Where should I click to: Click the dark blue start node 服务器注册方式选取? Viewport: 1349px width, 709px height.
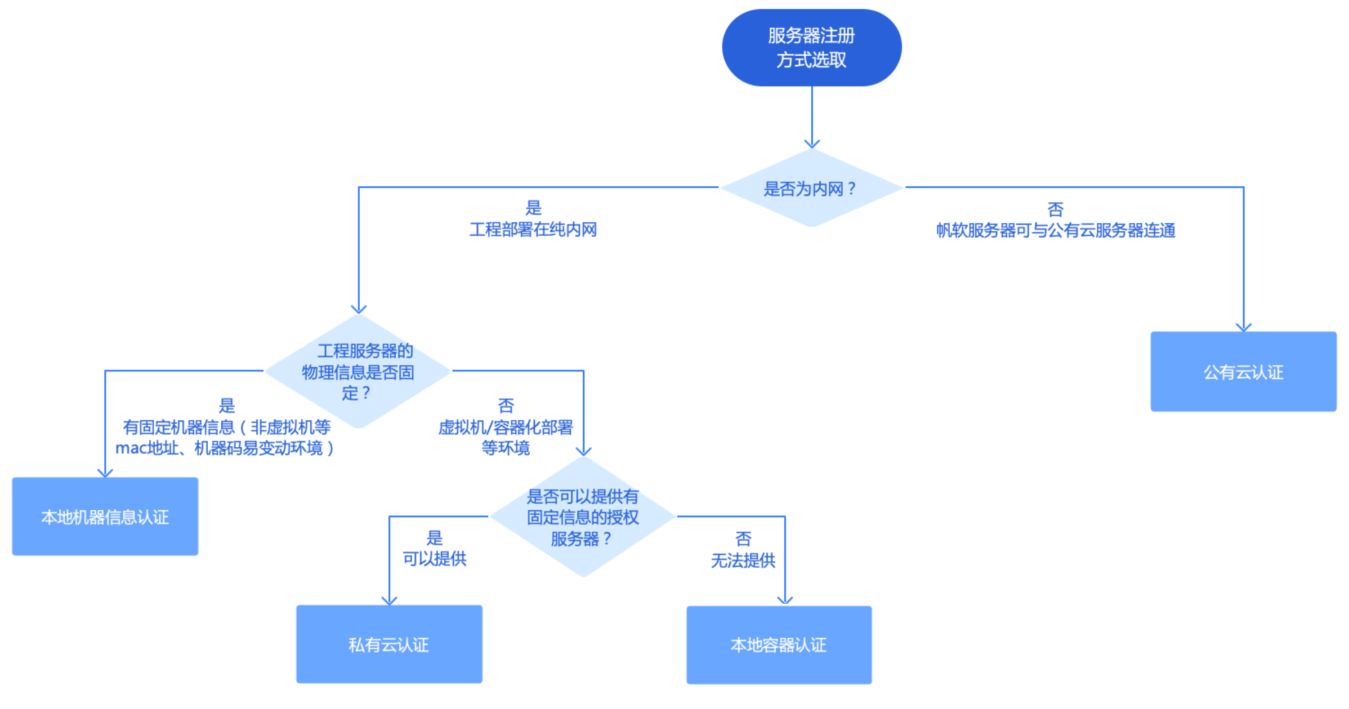(811, 48)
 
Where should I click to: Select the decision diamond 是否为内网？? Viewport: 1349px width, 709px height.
(811, 188)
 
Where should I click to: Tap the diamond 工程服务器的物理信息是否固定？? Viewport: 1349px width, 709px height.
(358, 372)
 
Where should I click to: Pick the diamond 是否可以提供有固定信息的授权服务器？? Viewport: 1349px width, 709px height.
(583, 517)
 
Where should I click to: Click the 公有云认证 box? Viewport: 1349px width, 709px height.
(1243, 372)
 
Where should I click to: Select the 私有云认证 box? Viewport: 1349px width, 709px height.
(389, 644)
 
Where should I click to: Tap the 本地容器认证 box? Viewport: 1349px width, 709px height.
(779, 645)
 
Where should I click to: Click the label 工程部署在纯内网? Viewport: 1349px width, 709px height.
(533, 229)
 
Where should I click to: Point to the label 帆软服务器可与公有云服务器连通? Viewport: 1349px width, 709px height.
(1056, 231)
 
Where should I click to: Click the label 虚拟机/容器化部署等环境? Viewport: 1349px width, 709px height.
(506, 437)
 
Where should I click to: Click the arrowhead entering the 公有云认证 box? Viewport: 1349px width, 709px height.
(1243, 327)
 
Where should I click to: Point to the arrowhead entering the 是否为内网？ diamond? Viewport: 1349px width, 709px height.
(812, 144)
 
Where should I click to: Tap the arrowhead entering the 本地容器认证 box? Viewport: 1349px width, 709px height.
(785, 601)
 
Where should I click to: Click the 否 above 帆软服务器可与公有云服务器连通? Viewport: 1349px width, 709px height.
(1055, 210)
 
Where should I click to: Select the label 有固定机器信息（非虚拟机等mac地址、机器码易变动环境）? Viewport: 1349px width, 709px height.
(225, 438)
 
